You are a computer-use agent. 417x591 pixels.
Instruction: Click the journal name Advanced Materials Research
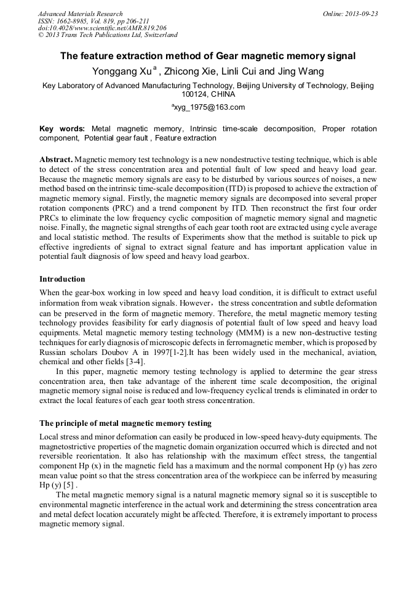pyautogui.click(x=80, y=14)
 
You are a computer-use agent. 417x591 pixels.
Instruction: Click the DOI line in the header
pyautogui.click(x=102, y=28)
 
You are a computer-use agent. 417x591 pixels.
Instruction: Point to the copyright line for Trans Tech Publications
pyautogui.click(x=108, y=35)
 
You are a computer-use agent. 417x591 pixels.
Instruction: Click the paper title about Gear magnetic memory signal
pyautogui.click(x=208, y=56)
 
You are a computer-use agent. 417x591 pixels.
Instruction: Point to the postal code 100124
pyautogui.click(x=195, y=95)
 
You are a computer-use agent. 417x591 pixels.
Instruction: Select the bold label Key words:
pyautogui.click(x=62, y=129)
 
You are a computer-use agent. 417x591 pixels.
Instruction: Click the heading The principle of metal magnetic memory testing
pyautogui.click(x=125, y=423)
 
